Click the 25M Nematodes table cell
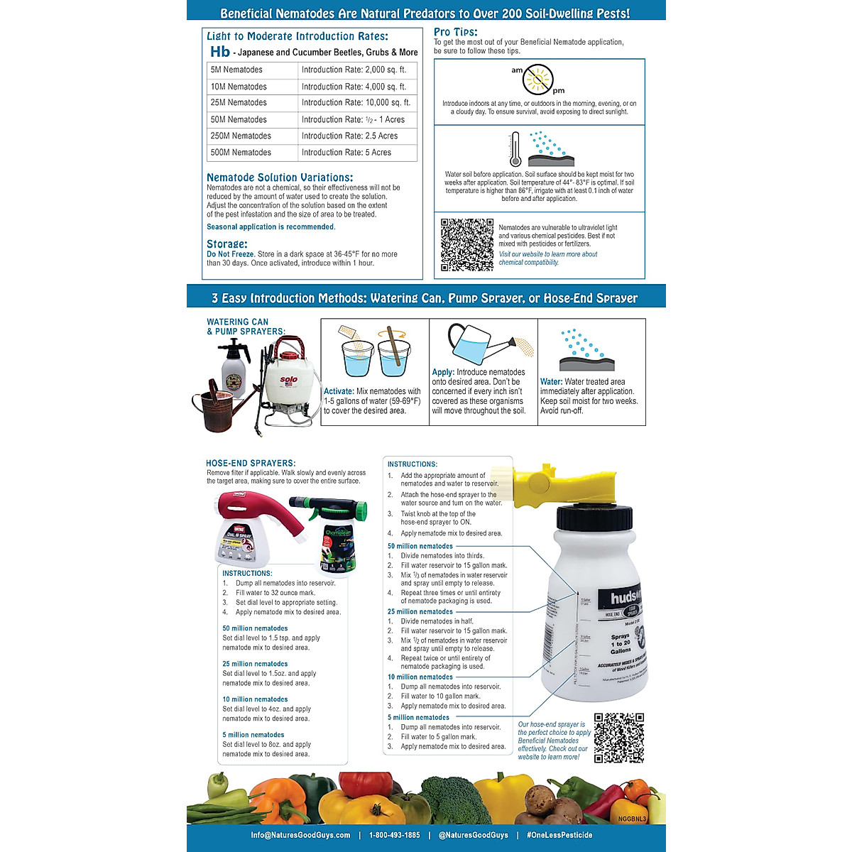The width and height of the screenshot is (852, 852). coord(239,103)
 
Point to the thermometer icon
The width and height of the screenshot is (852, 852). coord(515,149)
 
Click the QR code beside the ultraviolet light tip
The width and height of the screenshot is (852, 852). coord(466,245)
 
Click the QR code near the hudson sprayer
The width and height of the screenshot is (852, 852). coord(618,738)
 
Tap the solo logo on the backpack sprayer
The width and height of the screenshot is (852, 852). coord(289,380)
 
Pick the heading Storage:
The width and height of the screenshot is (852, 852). coord(227,244)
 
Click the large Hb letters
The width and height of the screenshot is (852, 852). coord(220,52)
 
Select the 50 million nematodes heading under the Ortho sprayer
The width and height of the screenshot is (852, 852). coord(255,628)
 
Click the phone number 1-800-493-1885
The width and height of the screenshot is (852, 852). coord(394,835)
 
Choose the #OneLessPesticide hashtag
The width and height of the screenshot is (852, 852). coord(559,835)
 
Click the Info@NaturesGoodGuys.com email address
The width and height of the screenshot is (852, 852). coord(300,835)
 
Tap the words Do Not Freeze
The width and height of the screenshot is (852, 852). coord(230,254)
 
